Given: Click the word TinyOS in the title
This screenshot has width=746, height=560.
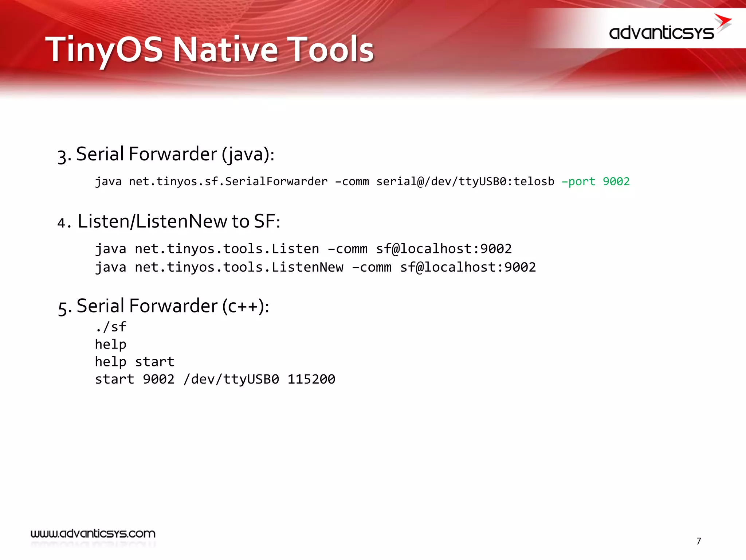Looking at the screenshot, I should tap(104, 50).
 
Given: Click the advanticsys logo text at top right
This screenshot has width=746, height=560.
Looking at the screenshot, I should tap(661, 33).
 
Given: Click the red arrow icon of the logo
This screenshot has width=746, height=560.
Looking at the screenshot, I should tap(723, 22).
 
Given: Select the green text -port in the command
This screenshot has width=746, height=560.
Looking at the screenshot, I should tap(578, 181).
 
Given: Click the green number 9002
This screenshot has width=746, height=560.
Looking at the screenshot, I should tap(616, 181).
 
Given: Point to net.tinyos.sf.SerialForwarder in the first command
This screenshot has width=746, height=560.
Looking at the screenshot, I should tap(228, 181).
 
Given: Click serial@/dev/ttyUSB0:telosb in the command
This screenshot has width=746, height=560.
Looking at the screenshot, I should tap(465, 181).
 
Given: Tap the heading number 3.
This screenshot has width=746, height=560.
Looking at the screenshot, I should tap(64, 156).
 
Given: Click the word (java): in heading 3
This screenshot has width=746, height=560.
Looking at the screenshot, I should tap(248, 154).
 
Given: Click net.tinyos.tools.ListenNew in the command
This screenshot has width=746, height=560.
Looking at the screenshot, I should tap(239, 267).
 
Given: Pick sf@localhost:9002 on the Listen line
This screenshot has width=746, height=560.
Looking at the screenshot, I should tap(444, 249).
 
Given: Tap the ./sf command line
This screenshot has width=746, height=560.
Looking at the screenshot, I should tap(110, 327).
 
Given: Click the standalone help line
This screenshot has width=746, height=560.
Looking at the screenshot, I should tap(110, 344).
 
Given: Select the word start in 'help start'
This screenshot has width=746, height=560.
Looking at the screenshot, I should tap(154, 362).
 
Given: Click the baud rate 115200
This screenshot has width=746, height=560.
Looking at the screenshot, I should tap(311, 379).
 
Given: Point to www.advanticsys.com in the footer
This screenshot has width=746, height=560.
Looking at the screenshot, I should tap(93, 534).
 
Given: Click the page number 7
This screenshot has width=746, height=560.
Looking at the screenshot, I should tap(698, 541).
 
